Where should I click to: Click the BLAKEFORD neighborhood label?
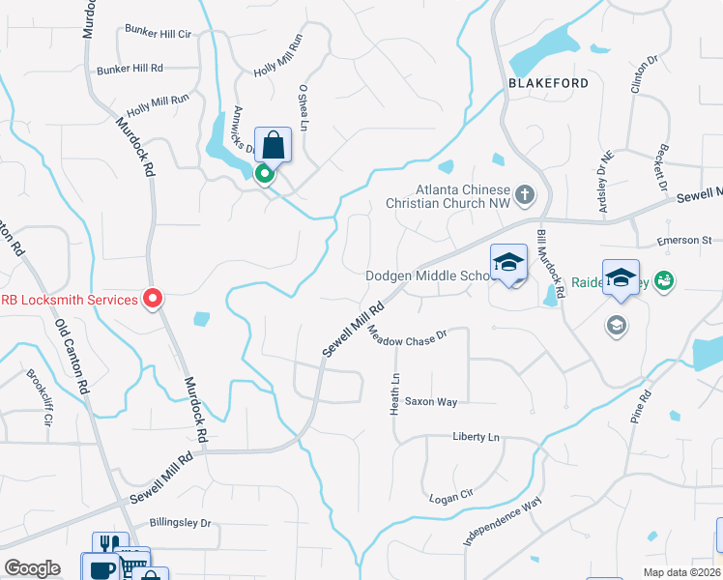click(548, 83)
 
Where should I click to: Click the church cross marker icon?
click(525, 195)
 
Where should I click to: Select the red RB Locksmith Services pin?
click(152, 299)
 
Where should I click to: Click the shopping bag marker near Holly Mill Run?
click(274, 146)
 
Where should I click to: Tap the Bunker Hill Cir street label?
click(159, 33)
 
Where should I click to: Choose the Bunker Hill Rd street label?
click(130, 70)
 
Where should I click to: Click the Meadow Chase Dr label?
click(407, 338)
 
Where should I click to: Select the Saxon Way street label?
click(431, 400)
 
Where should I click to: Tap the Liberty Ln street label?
click(477, 437)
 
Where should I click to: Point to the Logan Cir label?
click(452, 496)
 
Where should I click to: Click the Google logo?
click(32, 568)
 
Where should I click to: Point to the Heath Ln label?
click(394, 395)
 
